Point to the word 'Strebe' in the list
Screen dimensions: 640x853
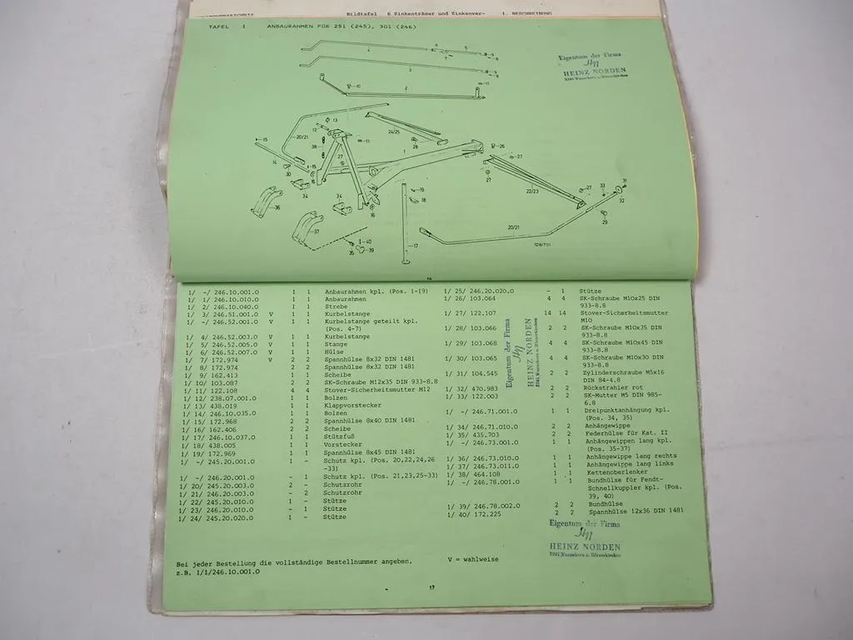click(x=337, y=307)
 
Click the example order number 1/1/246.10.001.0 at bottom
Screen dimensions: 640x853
click(x=219, y=572)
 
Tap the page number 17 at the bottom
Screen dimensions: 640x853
click(x=431, y=588)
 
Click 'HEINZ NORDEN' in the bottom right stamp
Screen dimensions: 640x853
click(x=584, y=547)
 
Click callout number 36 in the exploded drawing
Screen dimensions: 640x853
click(x=277, y=207)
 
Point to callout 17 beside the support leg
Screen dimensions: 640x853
click(x=415, y=247)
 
